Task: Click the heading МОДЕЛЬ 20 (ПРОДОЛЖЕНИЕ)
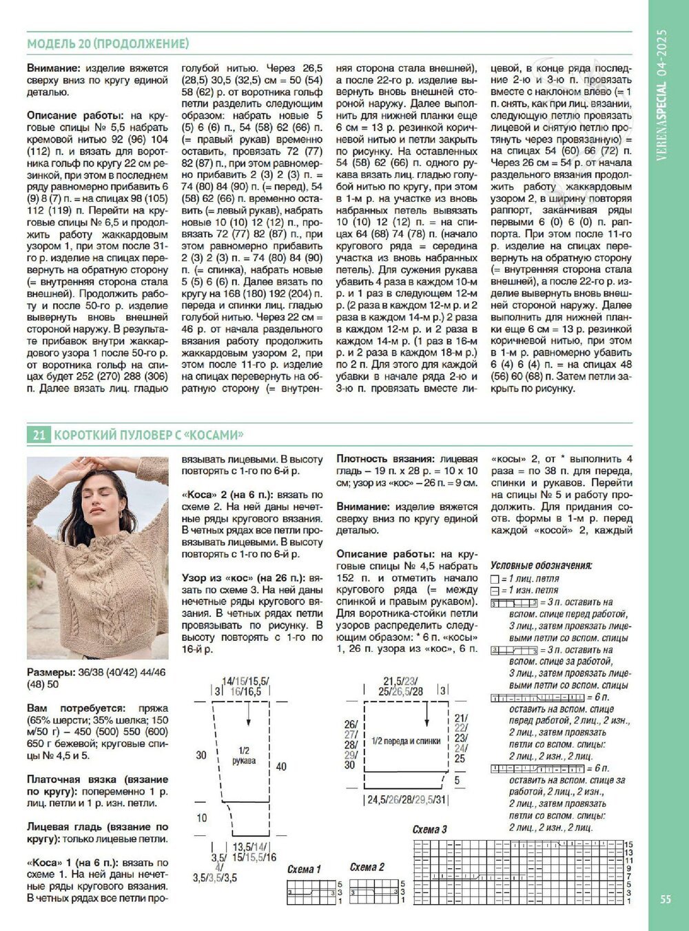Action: [x=108, y=44]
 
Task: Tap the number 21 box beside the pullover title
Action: [x=38, y=435]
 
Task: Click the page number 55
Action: [x=665, y=899]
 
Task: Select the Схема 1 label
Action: [x=304, y=870]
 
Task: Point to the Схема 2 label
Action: [x=367, y=867]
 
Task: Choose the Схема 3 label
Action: [x=430, y=829]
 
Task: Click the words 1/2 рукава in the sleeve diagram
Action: [x=243, y=755]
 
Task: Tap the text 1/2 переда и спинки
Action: [x=406, y=741]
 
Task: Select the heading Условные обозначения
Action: [x=542, y=566]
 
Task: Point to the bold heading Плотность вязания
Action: [x=385, y=459]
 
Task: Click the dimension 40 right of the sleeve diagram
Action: [x=281, y=766]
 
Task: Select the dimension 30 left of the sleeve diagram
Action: [x=201, y=755]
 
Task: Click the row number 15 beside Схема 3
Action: [x=628, y=844]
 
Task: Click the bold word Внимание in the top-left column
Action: [x=53, y=68]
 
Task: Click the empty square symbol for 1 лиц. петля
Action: [x=495, y=579]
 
